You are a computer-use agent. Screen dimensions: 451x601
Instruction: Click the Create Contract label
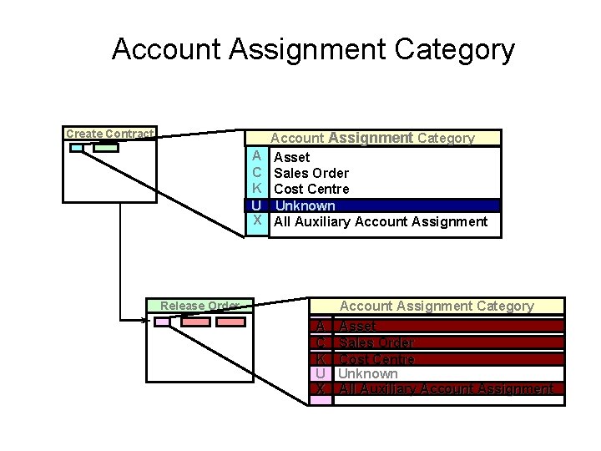point(109,134)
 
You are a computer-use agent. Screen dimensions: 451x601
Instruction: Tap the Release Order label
point(199,306)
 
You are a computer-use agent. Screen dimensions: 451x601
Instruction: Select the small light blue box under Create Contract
point(77,149)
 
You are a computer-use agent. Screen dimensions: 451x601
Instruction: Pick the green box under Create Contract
point(106,149)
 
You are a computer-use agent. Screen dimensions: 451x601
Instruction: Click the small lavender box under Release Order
point(162,322)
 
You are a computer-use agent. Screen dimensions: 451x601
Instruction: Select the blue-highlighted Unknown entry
point(305,205)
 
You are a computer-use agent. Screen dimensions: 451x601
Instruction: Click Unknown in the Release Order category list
point(368,373)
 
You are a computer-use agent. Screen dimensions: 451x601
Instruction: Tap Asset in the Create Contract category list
point(291,157)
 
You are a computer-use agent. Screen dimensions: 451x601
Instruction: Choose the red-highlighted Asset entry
point(357,327)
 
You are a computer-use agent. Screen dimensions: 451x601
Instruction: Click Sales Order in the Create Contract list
point(311,173)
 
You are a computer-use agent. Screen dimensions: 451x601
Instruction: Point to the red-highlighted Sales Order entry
point(376,342)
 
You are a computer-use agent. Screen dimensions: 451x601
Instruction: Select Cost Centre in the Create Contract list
point(311,189)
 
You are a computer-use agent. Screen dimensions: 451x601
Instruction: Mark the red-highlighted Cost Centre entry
point(376,358)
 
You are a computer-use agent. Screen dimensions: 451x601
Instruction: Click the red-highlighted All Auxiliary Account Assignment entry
point(446,389)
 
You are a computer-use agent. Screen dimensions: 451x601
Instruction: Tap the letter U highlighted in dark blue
point(257,205)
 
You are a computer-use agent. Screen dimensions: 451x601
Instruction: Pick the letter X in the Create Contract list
point(258,221)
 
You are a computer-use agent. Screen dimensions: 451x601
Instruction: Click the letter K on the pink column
point(321,358)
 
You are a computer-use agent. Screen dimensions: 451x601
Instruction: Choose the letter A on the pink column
point(321,327)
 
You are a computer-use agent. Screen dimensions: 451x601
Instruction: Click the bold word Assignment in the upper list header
point(371,138)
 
